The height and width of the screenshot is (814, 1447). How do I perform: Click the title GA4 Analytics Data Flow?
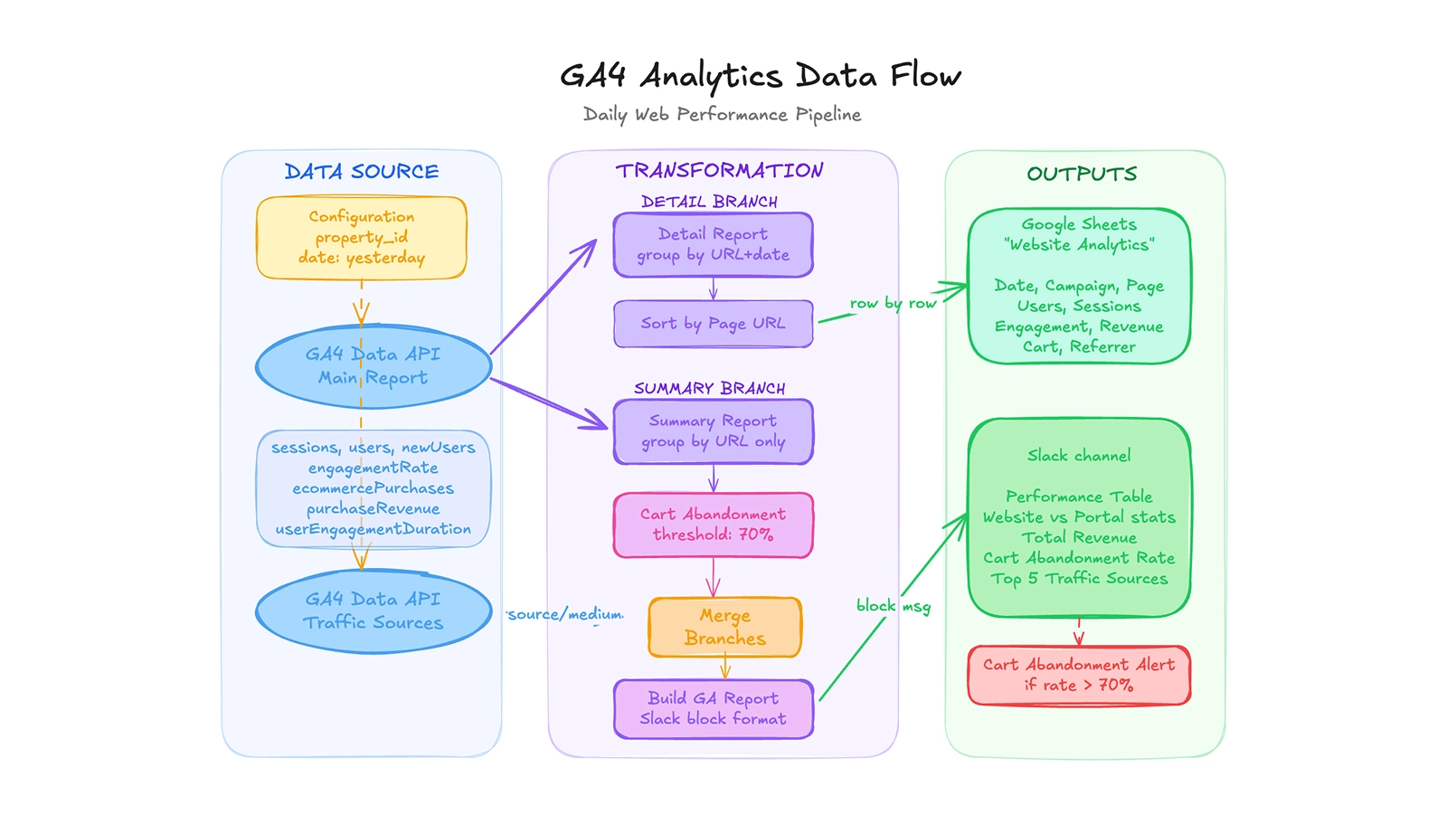click(x=760, y=76)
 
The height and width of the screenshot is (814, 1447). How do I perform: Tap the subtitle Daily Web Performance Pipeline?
click(x=722, y=115)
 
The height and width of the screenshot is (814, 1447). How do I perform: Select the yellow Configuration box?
click(x=362, y=238)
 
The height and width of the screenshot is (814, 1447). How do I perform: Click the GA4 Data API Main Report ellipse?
click(x=373, y=366)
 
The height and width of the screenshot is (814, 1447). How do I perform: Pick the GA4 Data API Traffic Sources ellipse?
click(x=373, y=611)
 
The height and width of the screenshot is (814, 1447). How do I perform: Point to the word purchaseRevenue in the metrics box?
click(x=373, y=508)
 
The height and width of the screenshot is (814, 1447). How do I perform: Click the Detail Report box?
click(x=713, y=244)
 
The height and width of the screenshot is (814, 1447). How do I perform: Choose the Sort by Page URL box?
click(x=713, y=324)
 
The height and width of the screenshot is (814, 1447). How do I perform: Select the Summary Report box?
click(x=713, y=431)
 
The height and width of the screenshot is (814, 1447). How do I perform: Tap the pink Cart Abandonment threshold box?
click(x=713, y=525)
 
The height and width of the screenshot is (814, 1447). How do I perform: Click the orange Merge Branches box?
click(x=724, y=627)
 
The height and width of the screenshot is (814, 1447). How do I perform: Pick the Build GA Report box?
click(x=713, y=708)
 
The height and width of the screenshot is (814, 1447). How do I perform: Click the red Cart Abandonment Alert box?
click(x=1078, y=675)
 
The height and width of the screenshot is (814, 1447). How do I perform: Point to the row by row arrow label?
click(x=893, y=303)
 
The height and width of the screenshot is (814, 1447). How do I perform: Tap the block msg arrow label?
click(x=893, y=606)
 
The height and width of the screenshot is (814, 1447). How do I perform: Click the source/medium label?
click(x=565, y=615)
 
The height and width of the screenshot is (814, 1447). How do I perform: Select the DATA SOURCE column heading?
click(x=362, y=172)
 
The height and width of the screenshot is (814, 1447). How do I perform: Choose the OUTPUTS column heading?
click(x=1082, y=174)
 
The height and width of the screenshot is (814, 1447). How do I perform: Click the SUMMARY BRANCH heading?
click(x=709, y=389)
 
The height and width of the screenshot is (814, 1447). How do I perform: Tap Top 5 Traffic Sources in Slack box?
click(x=1079, y=579)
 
